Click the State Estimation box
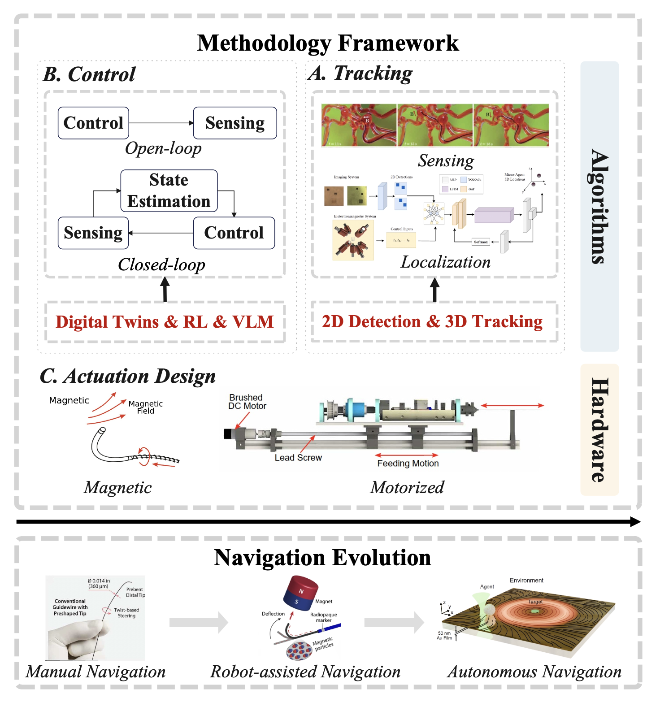(169, 191)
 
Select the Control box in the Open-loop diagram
(93, 123)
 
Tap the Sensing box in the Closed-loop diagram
(93, 233)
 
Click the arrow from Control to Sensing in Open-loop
(161, 123)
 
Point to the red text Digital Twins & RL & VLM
(165, 322)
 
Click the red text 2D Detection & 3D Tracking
(432, 321)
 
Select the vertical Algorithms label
(599, 206)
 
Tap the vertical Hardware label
(599, 429)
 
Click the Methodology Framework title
(328, 43)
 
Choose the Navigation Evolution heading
(322, 558)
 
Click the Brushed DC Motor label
(247, 402)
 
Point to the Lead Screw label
(298, 458)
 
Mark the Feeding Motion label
(408, 464)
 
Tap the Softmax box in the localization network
(481, 242)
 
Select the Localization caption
(445, 262)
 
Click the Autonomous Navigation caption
(534, 672)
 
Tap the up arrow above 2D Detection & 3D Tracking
(434, 289)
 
